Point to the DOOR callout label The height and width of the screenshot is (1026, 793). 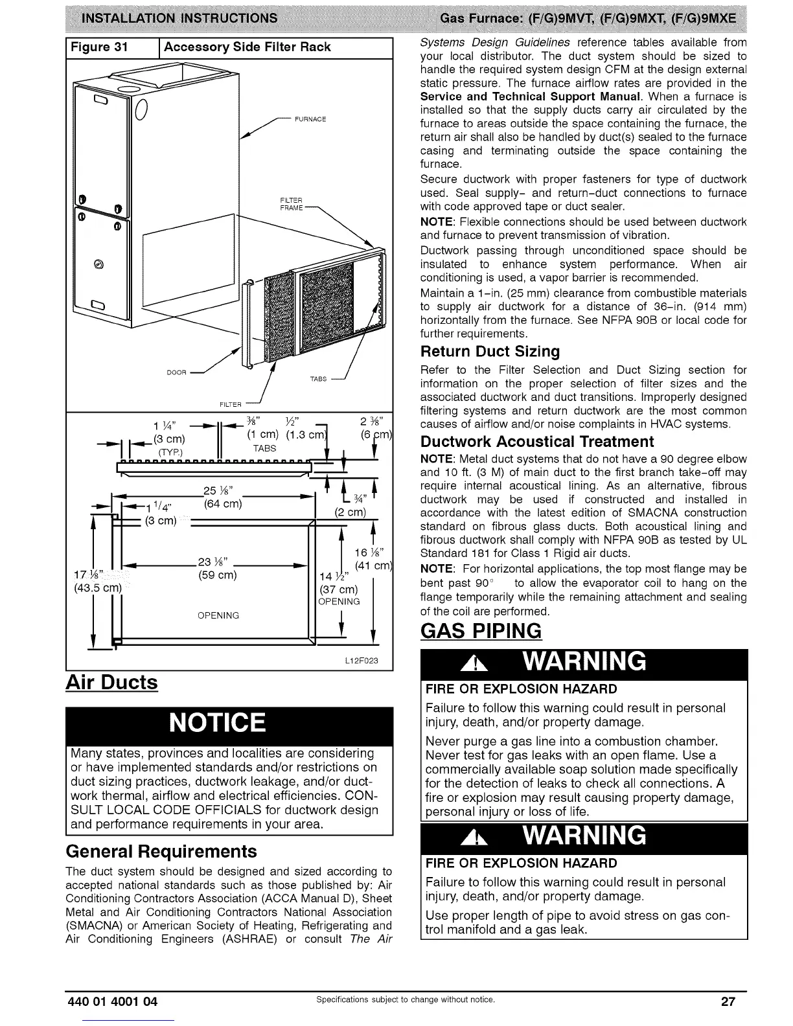coord(177,372)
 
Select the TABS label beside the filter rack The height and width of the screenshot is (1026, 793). coord(318,379)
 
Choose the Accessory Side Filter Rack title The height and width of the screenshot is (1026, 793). coord(247,47)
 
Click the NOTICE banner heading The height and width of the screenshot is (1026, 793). coord(217,723)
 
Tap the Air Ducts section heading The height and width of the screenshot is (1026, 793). coord(111,682)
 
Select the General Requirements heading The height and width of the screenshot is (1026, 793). coord(161,851)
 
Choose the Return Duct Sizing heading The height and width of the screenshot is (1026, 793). coord(490,352)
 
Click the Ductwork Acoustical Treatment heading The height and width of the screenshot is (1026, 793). coord(537,442)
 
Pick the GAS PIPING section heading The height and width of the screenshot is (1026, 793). coord(481,630)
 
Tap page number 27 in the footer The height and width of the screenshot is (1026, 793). coord(728,1001)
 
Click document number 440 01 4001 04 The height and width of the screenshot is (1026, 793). coord(112,1001)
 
